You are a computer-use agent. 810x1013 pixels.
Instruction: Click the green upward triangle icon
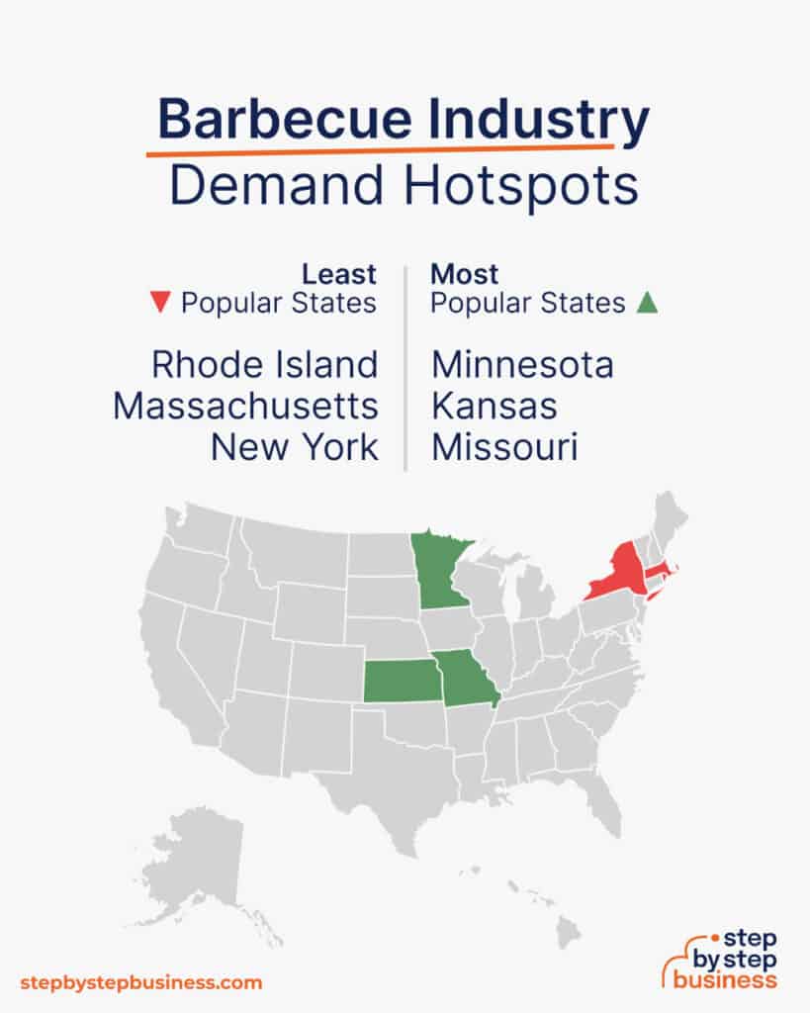coord(648,303)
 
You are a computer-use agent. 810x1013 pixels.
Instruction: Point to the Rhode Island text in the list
coord(264,365)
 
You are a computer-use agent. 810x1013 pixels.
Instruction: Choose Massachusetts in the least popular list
coord(245,406)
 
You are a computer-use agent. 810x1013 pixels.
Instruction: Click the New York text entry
coord(294,447)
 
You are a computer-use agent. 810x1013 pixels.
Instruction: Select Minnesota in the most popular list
coord(522,365)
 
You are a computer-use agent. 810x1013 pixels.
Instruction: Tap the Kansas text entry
coord(494,406)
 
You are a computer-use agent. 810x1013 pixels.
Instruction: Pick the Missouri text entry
coord(504,447)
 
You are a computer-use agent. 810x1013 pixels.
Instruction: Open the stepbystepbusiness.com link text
coord(140,982)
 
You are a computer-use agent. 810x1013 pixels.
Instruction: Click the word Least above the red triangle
coord(339,273)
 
